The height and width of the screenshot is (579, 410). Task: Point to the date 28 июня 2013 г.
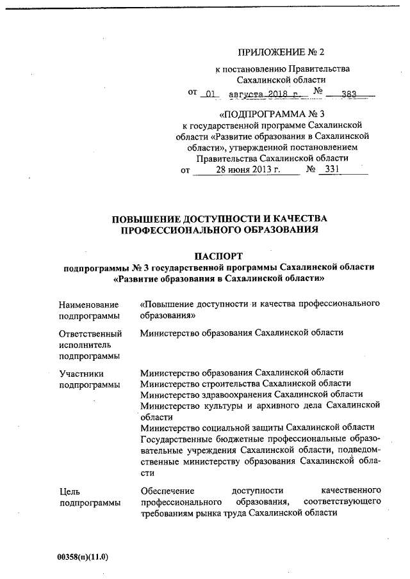click(245, 171)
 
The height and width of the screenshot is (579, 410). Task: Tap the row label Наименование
click(88, 305)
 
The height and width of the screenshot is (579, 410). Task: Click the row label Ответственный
click(90, 334)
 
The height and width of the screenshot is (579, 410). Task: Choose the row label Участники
click(80, 372)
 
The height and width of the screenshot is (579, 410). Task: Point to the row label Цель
click(69, 491)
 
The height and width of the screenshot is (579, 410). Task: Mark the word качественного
click(351, 491)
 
